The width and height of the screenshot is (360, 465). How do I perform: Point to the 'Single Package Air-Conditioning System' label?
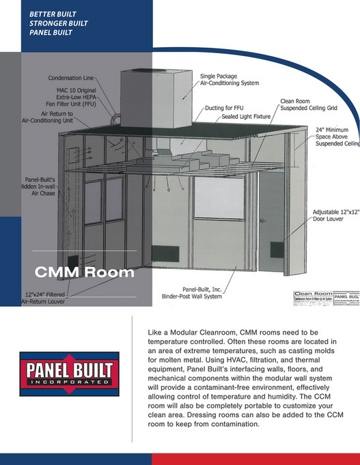tap(229, 79)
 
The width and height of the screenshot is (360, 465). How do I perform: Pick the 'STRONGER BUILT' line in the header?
tap(58, 23)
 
